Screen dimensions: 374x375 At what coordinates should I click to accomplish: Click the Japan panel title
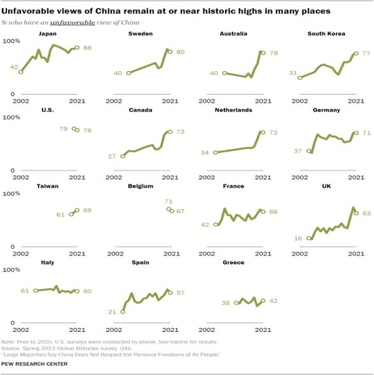pos(48,34)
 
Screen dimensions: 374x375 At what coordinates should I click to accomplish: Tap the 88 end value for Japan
pos(87,48)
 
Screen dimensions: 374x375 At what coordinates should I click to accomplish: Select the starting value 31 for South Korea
pos(293,72)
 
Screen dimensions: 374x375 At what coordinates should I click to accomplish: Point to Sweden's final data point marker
pos(170,51)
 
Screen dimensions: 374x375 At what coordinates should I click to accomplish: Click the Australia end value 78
pos(274,53)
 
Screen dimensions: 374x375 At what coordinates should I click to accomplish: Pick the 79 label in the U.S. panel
pos(63,129)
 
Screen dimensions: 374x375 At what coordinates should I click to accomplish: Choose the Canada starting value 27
pos(112,156)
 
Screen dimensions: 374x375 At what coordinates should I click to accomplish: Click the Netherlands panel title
pos(233,110)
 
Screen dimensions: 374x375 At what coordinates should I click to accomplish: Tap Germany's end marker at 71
pos(356,133)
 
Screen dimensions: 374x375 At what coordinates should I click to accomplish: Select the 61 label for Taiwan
pos(60,214)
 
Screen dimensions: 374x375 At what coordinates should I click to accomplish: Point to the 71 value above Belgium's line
pos(169,201)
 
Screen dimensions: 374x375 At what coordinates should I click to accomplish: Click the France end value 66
pos(273,212)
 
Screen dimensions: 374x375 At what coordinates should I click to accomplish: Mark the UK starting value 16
pos(298,238)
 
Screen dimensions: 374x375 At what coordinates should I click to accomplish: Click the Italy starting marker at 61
pos(35,291)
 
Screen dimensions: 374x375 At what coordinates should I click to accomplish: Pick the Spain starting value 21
pos(112,312)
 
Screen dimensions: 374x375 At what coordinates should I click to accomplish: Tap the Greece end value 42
pos(273,301)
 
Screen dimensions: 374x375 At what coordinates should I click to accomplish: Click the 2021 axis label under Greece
pos(263,330)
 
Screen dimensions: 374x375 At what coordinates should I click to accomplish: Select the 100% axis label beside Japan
pos(11,41)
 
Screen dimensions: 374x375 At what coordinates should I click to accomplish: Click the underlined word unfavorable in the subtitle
pos(72,22)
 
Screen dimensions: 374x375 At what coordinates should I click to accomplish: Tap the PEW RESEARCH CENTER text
pos(34,364)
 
